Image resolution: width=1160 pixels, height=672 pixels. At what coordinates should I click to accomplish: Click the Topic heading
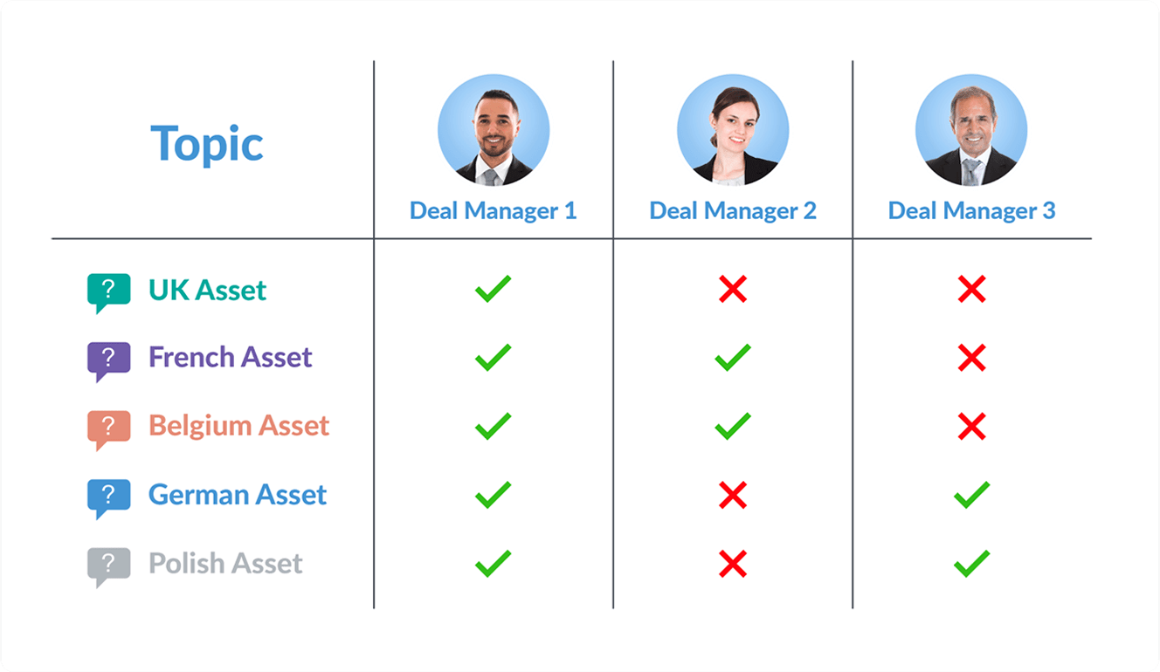[x=207, y=144]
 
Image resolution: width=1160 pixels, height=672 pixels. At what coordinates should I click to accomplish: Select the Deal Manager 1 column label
[x=493, y=210]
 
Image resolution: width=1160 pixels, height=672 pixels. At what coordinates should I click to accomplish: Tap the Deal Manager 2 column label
[x=733, y=210]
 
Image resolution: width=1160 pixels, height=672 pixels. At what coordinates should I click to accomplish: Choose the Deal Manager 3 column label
[x=971, y=210]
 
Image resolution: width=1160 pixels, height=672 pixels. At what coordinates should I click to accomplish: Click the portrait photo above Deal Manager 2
[x=733, y=130]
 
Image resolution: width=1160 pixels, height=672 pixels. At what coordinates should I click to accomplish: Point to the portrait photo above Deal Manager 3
[x=971, y=130]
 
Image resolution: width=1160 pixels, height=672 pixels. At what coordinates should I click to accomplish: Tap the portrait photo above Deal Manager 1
[x=494, y=130]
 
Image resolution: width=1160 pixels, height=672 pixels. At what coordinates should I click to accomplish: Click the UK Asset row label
[x=207, y=290]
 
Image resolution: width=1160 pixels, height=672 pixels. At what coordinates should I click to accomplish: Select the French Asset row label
[x=231, y=357]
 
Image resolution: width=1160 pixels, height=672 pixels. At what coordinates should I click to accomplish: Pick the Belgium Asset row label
[x=238, y=426]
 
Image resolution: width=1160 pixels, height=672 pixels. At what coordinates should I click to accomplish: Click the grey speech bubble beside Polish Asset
[x=108, y=567]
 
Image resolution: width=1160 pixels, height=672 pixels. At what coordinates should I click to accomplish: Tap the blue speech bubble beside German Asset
[x=108, y=499]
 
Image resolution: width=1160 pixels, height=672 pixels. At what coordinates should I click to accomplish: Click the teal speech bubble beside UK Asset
[x=108, y=293]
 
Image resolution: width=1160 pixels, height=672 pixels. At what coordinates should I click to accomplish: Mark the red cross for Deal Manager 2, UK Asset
[x=733, y=289]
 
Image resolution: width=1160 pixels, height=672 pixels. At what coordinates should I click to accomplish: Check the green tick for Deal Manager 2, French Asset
[x=733, y=357]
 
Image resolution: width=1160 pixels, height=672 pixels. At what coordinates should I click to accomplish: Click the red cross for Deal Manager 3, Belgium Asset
[x=971, y=426]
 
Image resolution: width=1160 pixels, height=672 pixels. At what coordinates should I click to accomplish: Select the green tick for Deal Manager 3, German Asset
[x=971, y=495]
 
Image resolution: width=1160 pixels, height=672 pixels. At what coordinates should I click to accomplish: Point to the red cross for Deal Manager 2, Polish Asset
[x=733, y=564]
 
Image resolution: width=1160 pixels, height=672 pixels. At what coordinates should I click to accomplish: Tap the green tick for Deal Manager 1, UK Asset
[x=493, y=288]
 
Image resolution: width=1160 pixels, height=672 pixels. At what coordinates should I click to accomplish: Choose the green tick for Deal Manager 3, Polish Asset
[x=971, y=563]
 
